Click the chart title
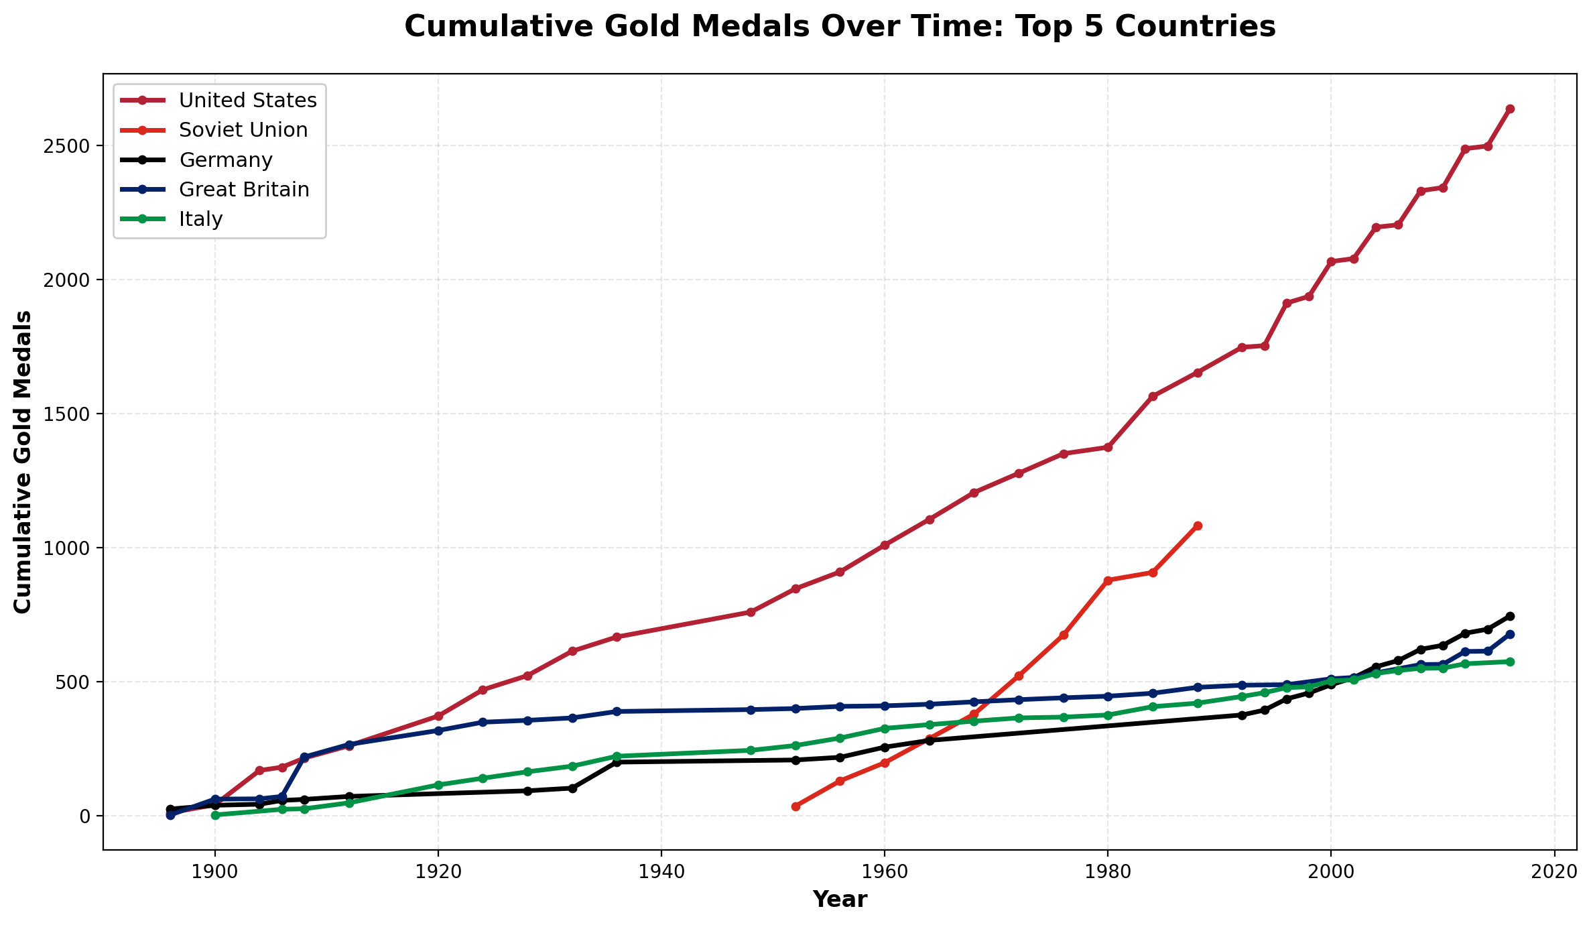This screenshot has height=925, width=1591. (840, 27)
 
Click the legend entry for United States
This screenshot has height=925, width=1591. (247, 101)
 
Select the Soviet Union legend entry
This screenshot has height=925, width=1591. (243, 130)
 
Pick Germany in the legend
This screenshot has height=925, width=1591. (225, 160)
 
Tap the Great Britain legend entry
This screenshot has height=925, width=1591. (244, 190)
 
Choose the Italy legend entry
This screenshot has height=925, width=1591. (200, 219)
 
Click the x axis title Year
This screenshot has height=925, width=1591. (840, 900)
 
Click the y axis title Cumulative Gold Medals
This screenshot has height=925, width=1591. (23, 461)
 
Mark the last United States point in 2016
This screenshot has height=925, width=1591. (1510, 109)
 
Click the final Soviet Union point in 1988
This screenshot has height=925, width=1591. (1198, 526)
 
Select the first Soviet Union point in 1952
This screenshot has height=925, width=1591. (795, 806)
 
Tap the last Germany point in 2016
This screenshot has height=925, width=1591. (1510, 616)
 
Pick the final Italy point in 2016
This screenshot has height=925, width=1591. (1510, 662)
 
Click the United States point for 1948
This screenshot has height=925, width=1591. (751, 612)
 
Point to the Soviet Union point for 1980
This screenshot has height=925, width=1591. (1108, 580)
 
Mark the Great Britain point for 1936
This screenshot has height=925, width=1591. (617, 711)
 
